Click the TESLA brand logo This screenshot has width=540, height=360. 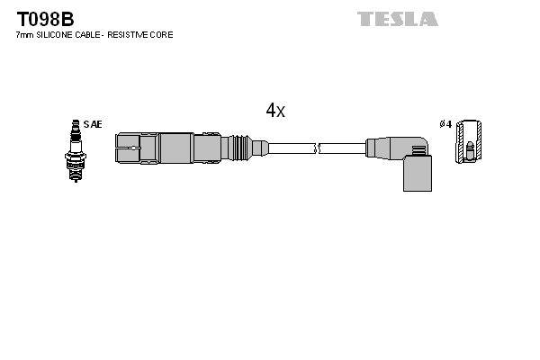tap(397, 19)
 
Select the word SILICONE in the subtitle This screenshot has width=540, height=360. tap(57, 34)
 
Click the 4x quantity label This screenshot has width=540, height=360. tap(274, 111)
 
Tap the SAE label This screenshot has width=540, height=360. tap(93, 124)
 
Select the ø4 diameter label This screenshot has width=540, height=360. tap(445, 124)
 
